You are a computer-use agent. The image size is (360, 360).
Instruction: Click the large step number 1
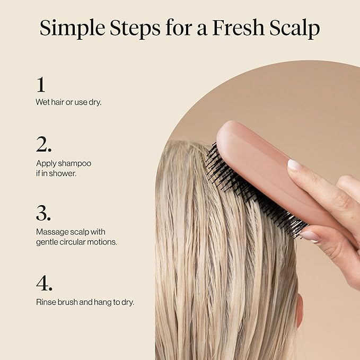tap(41, 84)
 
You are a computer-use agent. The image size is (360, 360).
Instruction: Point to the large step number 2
tap(43, 145)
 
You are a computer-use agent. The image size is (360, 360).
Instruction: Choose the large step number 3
tap(43, 213)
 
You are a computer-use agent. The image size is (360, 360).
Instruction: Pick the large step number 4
tap(44, 283)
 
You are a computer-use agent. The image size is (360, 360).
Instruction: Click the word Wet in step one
tap(42, 102)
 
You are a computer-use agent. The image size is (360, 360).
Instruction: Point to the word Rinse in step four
tap(46, 302)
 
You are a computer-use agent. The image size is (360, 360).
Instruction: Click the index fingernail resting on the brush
tap(294, 164)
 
